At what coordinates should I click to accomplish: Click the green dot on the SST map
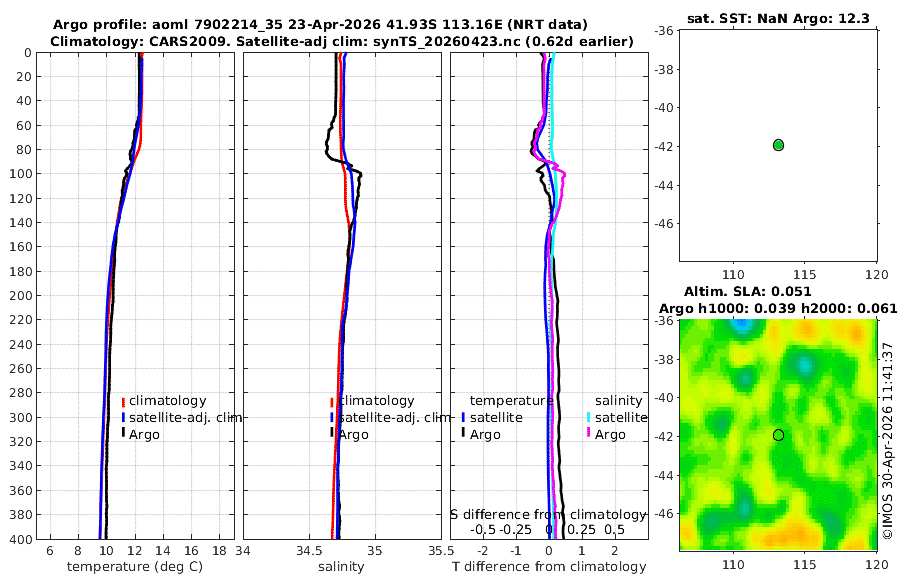tap(778, 145)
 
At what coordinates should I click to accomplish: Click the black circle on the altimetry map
tap(778, 435)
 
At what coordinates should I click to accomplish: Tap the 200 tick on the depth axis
tap(21, 295)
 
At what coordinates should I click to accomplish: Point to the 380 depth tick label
tap(21, 515)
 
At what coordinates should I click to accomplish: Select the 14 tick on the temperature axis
tap(163, 551)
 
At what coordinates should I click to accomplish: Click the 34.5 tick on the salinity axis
tap(309, 551)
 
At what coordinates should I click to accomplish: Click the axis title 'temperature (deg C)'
tap(135, 567)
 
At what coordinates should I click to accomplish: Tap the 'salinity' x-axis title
tap(341, 567)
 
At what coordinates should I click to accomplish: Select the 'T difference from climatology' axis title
tap(549, 567)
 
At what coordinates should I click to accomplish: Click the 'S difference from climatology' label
tap(549, 515)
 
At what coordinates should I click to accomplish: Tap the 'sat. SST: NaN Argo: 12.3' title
tap(778, 18)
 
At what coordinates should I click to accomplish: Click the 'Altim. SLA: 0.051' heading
tap(747, 291)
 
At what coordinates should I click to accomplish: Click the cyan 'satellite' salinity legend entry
tap(617, 417)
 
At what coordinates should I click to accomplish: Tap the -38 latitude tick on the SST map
tap(664, 69)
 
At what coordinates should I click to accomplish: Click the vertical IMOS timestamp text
tap(888, 441)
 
